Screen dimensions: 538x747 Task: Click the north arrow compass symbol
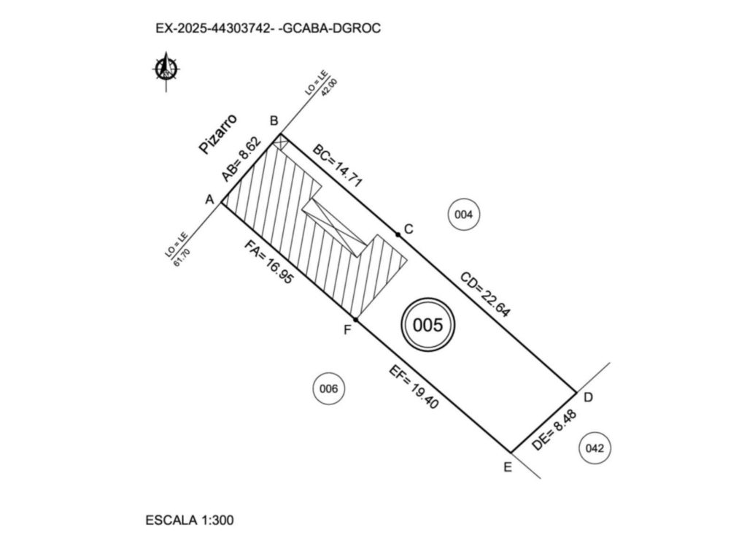166,70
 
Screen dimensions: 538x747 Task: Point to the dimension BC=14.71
337,166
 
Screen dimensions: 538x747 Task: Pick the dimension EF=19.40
414,388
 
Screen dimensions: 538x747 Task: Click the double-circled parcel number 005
427,325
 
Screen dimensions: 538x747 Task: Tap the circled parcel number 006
328,389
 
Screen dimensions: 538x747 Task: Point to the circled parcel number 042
595,448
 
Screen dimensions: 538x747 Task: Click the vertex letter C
409,229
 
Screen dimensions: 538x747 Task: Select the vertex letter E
508,467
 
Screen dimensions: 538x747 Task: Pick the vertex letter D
588,397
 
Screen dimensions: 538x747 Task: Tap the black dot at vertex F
355,320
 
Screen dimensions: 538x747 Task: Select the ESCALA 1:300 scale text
190,520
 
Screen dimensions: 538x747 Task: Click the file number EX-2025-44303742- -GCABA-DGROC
268,28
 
